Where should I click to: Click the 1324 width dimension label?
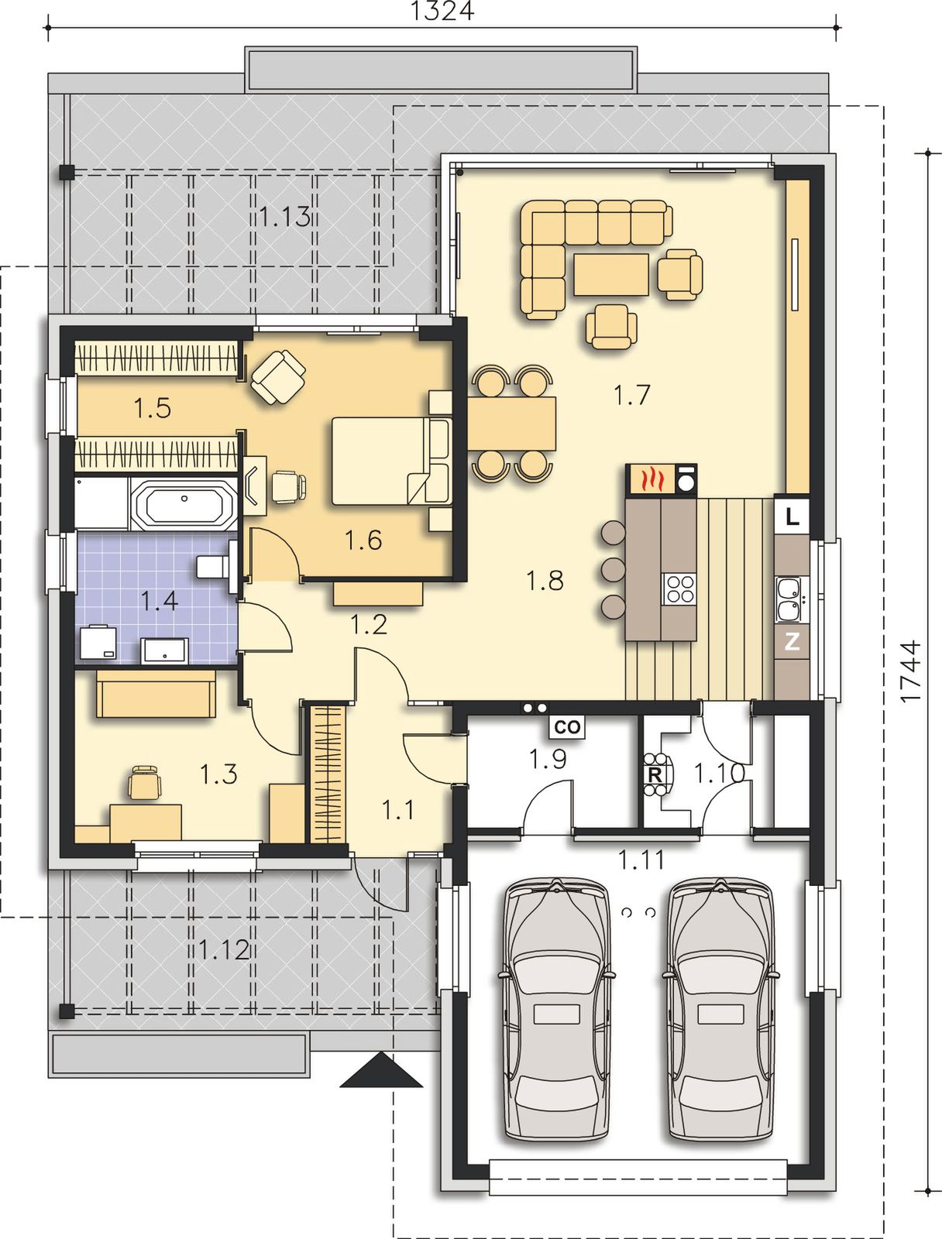click(x=442, y=11)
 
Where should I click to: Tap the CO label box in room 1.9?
click(x=567, y=727)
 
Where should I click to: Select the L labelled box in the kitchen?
click(x=792, y=517)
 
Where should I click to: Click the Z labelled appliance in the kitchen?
click(x=792, y=641)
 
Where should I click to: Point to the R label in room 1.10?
click(x=655, y=774)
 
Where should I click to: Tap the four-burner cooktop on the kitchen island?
click(x=679, y=589)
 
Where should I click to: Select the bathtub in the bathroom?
click(x=184, y=503)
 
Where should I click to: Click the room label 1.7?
click(x=631, y=395)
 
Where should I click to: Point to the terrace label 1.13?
click(x=284, y=216)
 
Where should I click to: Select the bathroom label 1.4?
click(x=159, y=601)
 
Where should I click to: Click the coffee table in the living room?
click(x=610, y=274)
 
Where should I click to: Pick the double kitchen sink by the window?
click(x=792, y=599)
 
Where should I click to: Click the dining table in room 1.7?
click(x=511, y=423)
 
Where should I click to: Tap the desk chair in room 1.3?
click(x=145, y=782)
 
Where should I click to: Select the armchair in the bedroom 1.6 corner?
click(x=278, y=376)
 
